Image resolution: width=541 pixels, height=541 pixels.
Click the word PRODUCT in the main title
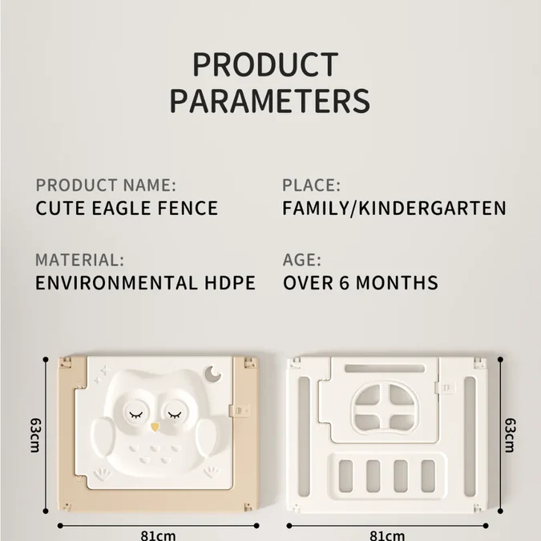coord(265,65)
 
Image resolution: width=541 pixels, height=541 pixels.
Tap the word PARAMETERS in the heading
coord(270,100)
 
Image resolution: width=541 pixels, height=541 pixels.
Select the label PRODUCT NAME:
coord(106,185)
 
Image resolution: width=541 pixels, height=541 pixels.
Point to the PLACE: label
coord(312,185)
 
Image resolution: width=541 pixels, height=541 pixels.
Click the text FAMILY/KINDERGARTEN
coord(394,208)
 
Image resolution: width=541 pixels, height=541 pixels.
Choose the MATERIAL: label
coord(79,260)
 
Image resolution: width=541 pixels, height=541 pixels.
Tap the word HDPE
coord(230,283)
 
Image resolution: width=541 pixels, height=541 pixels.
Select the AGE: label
coord(302,260)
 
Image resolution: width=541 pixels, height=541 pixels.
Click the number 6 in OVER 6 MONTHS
coord(345,283)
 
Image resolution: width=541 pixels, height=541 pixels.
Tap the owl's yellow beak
coord(155,427)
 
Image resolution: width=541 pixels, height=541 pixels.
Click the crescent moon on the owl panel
coord(212,374)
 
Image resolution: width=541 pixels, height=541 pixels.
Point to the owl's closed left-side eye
coord(135,414)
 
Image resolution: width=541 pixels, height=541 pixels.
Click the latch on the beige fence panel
coord(240,410)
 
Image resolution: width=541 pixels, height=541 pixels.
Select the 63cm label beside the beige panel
coord(35,435)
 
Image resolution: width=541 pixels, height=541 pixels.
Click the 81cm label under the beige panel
coord(159,535)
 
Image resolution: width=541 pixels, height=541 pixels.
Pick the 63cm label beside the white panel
coord(510,435)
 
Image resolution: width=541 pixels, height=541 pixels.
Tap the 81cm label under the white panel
coord(387,535)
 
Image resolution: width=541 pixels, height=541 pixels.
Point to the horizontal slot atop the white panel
coord(385,369)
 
